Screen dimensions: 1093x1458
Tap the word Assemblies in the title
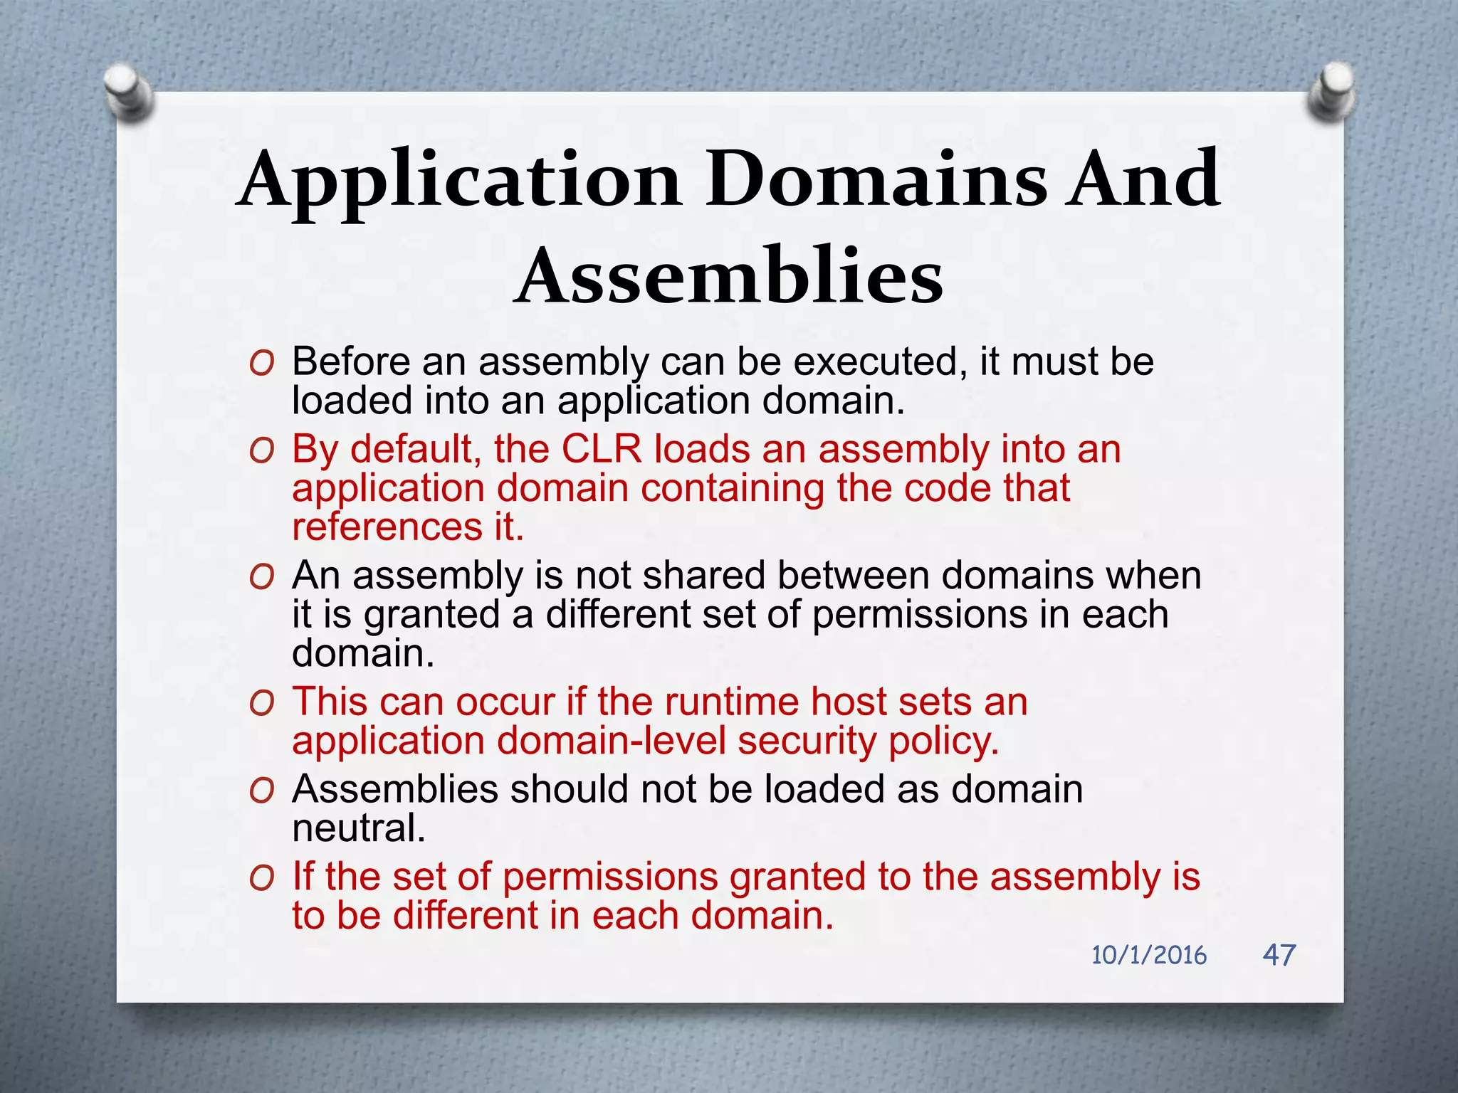click(x=728, y=276)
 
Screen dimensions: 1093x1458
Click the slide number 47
click(x=1279, y=954)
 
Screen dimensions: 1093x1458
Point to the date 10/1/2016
click(x=1148, y=955)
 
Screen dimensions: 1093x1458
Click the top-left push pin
click(x=128, y=91)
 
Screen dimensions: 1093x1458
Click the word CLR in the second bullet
click(x=602, y=450)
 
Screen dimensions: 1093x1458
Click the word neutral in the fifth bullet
click(x=359, y=828)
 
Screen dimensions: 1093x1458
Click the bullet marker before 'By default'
click(x=261, y=451)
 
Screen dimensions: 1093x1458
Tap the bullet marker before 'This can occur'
click(x=261, y=704)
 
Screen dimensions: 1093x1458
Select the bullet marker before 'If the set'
click(x=261, y=878)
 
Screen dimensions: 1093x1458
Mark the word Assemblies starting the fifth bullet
click(x=395, y=789)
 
